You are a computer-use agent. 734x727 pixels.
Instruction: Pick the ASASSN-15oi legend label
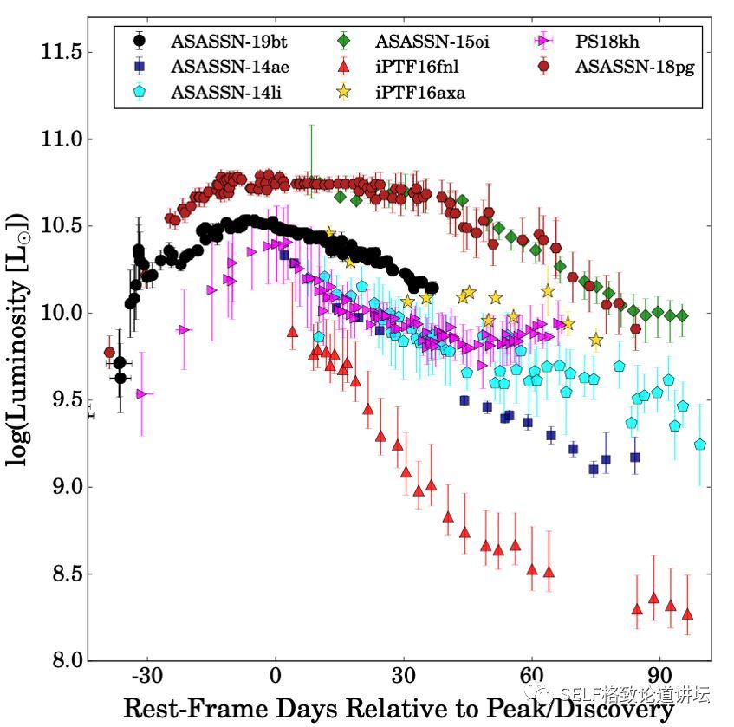(x=432, y=41)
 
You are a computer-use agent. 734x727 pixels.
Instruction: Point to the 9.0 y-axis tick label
(x=66, y=487)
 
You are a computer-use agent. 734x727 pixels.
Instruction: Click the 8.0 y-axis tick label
(x=66, y=660)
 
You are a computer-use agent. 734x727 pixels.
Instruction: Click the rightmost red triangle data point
(x=687, y=614)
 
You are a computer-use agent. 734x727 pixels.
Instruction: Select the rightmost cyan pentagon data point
(x=699, y=445)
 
